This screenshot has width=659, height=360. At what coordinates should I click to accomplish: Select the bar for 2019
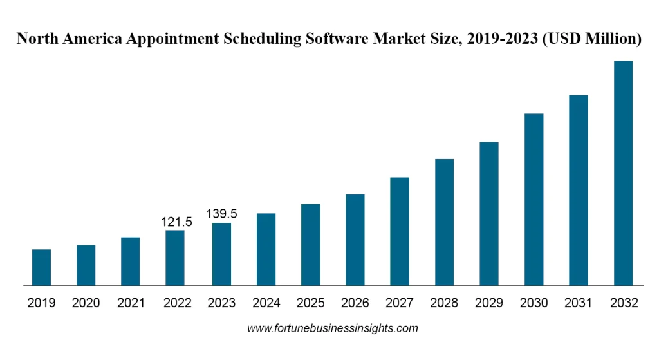click(x=41, y=267)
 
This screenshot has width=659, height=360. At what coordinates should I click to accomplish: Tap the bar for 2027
click(x=400, y=231)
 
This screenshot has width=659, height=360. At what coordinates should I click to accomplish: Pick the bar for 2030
click(x=534, y=199)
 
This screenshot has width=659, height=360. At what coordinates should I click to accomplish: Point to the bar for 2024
click(x=266, y=249)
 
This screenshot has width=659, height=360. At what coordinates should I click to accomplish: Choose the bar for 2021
click(x=131, y=261)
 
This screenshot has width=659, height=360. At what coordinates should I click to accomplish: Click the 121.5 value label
click(x=176, y=222)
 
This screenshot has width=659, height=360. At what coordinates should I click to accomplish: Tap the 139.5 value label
click(x=221, y=214)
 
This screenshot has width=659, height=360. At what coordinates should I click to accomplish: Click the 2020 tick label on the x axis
click(x=86, y=303)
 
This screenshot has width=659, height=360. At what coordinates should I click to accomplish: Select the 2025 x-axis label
click(x=310, y=303)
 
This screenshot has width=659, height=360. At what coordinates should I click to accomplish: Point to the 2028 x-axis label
click(x=445, y=303)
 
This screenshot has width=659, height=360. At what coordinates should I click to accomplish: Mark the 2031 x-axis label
click(x=579, y=303)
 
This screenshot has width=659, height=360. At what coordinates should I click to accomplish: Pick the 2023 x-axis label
click(x=221, y=303)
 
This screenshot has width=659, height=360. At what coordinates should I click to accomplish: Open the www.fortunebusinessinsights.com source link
click(x=333, y=328)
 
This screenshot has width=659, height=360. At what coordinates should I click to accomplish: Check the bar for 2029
click(x=489, y=213)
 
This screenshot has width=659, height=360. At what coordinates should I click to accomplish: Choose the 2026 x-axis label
click(x=355, y=303)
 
